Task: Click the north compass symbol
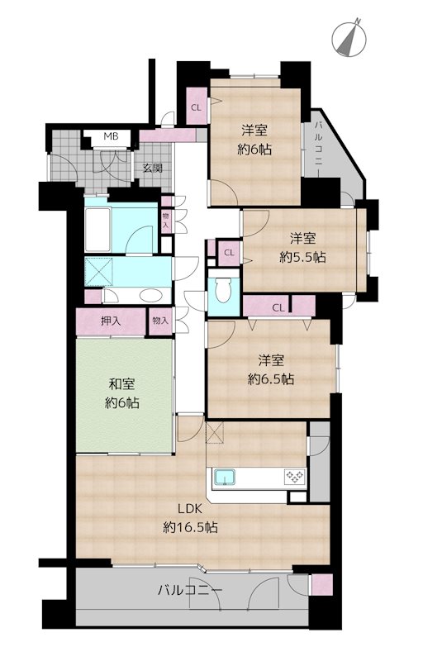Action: (349, 40)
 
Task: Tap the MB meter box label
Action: (112, 136)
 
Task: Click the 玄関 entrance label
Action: (152, 168)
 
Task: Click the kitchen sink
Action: (227, 478)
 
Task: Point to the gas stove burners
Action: (295, 477)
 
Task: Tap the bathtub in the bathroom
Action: (97, 229)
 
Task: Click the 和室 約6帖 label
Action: (121, 394)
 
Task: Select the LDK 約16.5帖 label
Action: (190, 517)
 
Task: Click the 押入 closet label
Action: (111, 321)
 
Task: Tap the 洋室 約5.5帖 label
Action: (302, 248)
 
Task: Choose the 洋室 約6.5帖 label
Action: (271, 369)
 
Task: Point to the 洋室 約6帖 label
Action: (254, 140)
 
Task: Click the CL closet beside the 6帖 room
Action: (197, 107)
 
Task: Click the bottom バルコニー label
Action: (190, 590)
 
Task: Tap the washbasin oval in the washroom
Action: (150, 296)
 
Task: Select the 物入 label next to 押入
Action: (160, 321)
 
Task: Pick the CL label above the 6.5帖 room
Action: (278, 307)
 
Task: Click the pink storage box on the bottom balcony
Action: (321, 585)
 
